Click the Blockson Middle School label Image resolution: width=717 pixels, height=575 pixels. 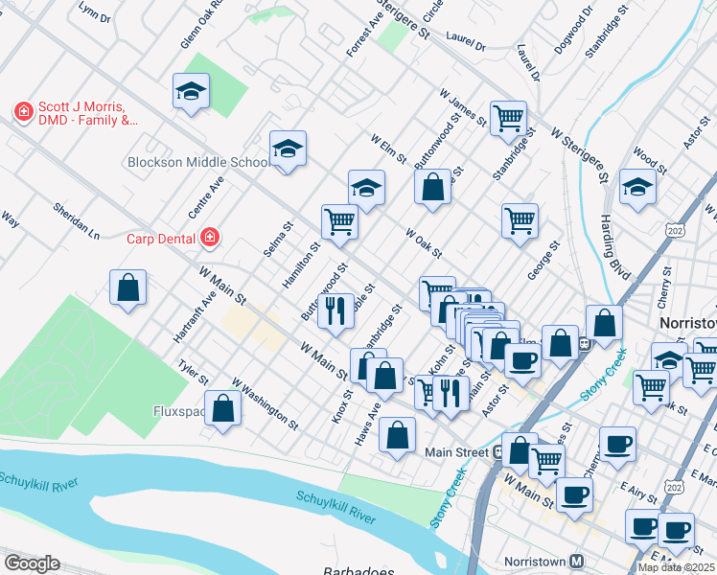198,162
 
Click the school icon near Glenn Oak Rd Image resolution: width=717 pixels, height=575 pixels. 191,92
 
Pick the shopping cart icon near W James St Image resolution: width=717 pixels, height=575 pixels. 507,118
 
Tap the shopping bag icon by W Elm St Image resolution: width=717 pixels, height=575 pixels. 433,186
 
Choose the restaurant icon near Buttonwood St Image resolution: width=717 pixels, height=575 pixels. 335,310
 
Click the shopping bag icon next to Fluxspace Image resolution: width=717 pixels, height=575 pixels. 222,409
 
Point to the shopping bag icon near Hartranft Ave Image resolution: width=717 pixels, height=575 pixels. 127,287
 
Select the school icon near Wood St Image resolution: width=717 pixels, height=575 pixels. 637,186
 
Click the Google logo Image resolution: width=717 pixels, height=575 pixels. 32,563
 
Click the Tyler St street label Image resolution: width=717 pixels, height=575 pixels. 193,373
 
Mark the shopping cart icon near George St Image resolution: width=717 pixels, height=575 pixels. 520,220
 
